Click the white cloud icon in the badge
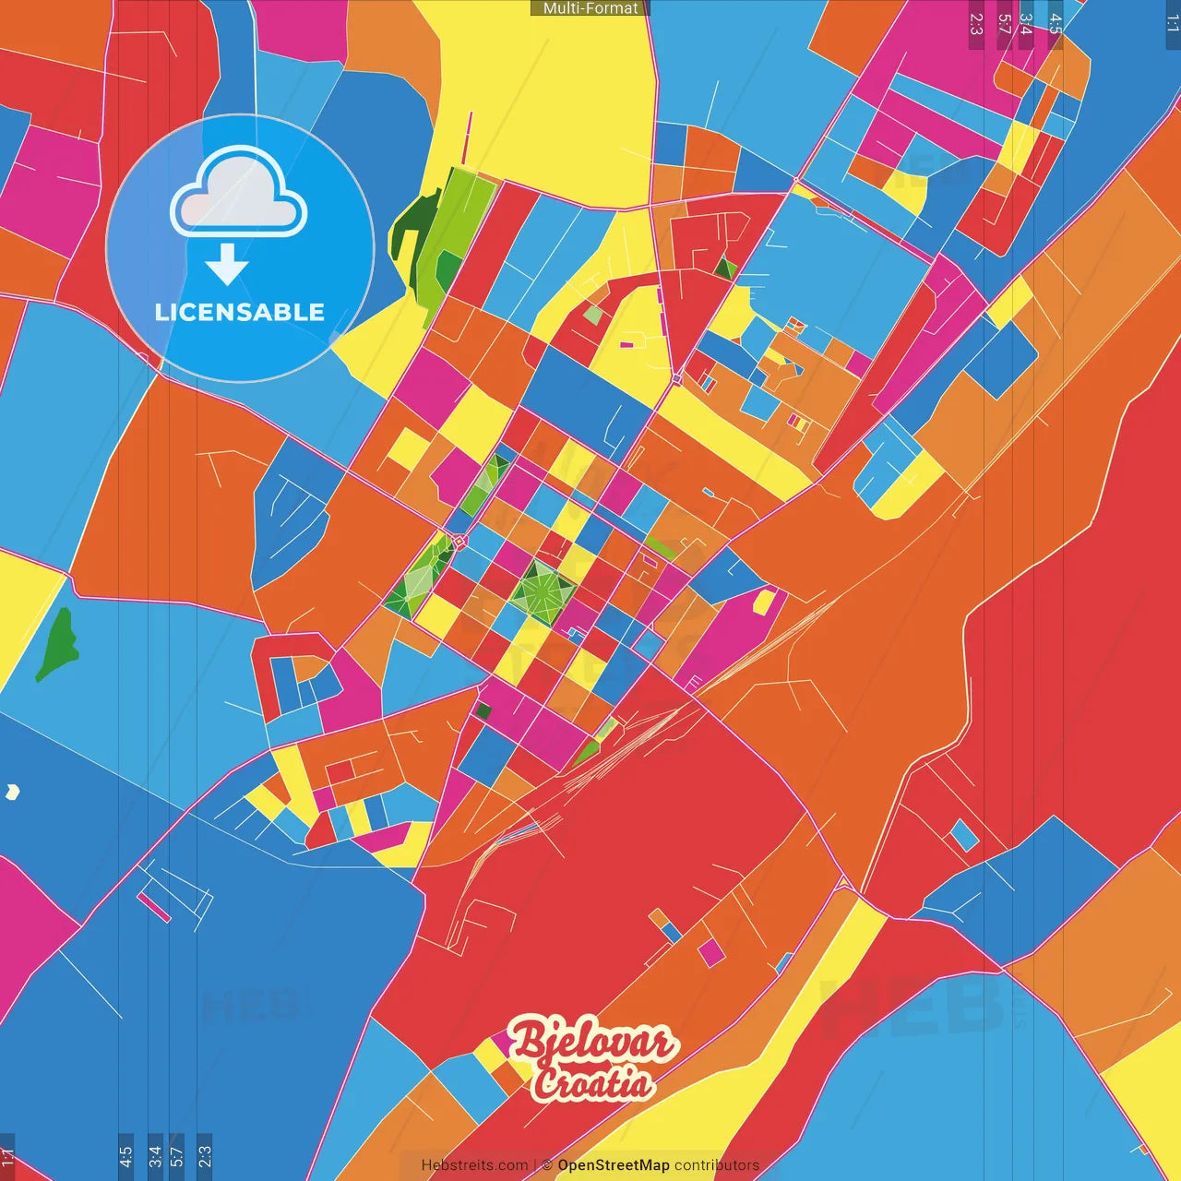point(238,195)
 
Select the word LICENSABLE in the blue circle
point(239,312)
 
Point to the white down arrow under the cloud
point(227,264)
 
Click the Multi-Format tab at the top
point(590,8)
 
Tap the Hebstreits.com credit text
point(474,1165)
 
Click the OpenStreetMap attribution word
point(613,1165)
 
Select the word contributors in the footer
point(716,1165)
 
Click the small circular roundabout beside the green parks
point(459,541)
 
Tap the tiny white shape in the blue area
point(12,791)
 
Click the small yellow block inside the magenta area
point(764,602)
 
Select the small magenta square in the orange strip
point(710,951)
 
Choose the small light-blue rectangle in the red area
point(964,835)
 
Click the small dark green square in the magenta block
point(483,710)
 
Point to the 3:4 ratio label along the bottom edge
point(155,1155)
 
